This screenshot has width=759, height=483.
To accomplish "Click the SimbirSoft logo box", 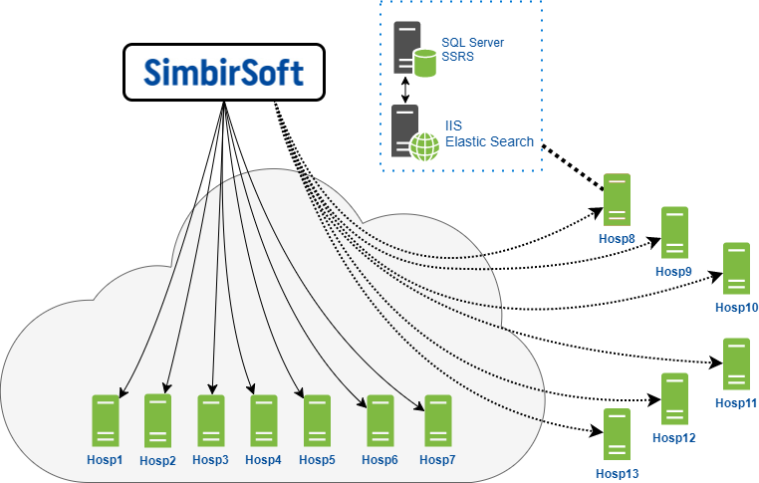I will tap(224, 72).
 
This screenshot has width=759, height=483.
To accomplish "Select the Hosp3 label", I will tap(211, 460).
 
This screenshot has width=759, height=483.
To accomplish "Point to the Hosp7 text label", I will tap(437, 459).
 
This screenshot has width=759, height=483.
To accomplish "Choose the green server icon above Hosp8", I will tap(617, 199).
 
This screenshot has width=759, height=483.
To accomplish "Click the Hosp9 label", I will tap(674, 271).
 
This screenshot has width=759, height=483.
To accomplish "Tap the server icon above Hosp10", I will tap(736, 268).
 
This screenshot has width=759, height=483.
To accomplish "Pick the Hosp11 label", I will tap(736, 402).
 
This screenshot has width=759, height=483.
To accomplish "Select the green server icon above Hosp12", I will tap(674, 398).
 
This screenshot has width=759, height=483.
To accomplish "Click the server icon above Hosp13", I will tap(617, 434).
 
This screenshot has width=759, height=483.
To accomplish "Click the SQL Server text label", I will tap(473, 44).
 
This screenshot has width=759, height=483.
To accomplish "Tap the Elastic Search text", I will tap(489, 142).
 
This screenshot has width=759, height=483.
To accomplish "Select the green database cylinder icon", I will tap(425, 63).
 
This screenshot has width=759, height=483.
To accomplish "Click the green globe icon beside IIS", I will tap(425, 146).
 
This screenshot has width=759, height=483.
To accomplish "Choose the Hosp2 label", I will tap(157, 461).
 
